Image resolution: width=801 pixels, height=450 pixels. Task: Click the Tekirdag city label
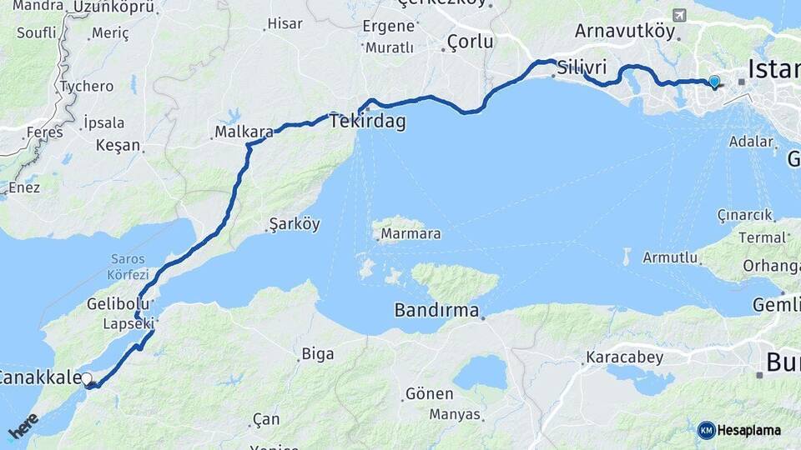(368, 122)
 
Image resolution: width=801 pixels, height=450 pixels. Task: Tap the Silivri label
(582, 67)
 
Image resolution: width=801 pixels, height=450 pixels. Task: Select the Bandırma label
(436, 311)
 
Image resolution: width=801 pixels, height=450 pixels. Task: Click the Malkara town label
(244, 132)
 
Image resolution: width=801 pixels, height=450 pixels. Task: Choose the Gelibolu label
(118, 304)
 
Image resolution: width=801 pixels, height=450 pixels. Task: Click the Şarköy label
(295, 224)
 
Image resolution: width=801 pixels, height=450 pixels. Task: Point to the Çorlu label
(470, 41)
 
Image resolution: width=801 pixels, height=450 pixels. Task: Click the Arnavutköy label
(624, 30)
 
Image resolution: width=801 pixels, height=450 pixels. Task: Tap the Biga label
(318, 354)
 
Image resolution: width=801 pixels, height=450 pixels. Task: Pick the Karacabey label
(624, 358)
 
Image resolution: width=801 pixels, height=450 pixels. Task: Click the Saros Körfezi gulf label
(128, 267)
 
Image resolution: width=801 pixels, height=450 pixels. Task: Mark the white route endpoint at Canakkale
(87, 379)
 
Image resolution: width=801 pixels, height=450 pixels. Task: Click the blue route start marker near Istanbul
(713, 82)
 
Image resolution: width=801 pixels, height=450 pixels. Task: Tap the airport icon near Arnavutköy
(678, 16)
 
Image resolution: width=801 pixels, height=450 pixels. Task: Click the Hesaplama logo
(739, 430)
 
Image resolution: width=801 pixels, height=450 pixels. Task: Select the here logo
(23, 425)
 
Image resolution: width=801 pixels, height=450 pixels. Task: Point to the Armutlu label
(669, 257)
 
